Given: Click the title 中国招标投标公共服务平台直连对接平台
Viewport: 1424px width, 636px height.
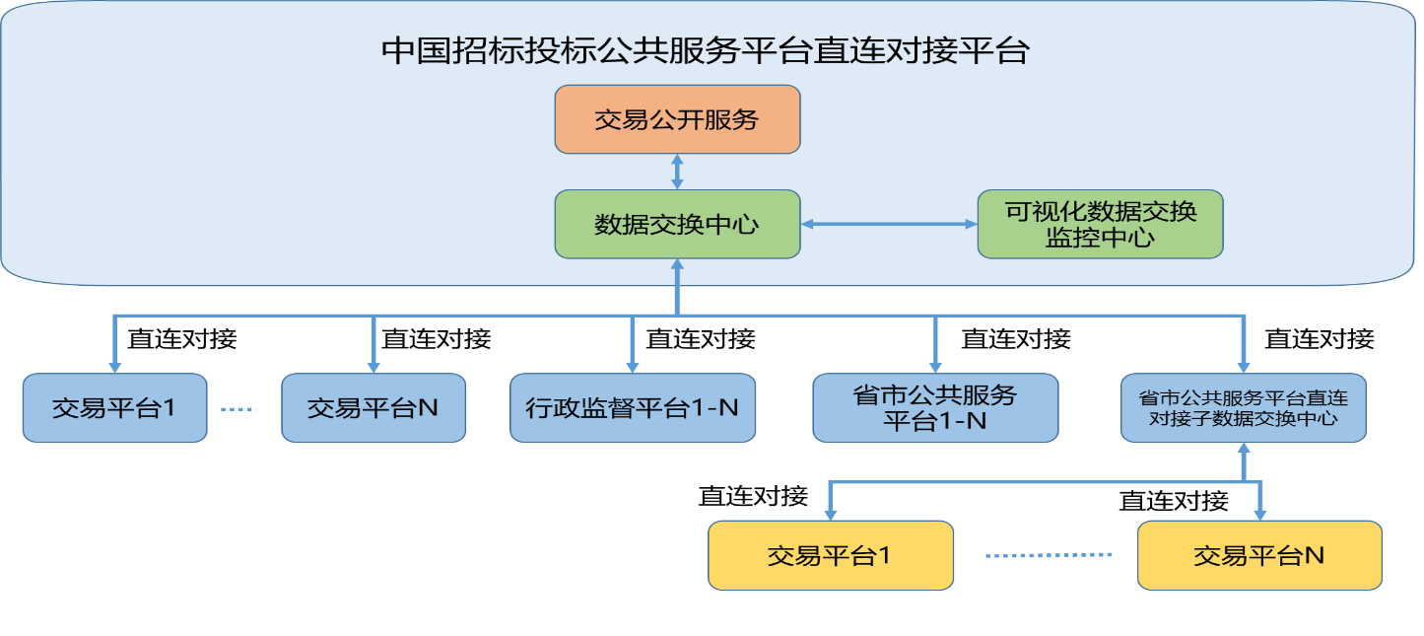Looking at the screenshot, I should tap(705, 51).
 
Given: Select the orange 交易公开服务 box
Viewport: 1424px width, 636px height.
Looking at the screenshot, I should tap(677, 119).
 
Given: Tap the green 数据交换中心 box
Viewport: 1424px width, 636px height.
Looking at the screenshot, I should tap(677, 225).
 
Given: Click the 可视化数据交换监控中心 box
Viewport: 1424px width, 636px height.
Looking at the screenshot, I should tap(1100, 225).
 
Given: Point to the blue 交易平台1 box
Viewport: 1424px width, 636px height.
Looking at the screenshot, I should tap(114, 407).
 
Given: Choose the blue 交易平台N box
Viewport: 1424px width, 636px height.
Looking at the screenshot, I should tap(373, 407).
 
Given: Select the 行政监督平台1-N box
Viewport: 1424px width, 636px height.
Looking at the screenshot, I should tap(632, 407).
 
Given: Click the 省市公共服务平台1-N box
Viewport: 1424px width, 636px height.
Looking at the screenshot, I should tap(934, 407).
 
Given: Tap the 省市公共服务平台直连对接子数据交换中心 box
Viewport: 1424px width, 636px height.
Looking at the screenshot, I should tap(1243, 407).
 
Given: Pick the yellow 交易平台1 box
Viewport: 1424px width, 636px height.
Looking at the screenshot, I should tap(830, 555).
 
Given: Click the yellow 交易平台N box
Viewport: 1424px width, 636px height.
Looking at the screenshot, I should tap(1258, 555).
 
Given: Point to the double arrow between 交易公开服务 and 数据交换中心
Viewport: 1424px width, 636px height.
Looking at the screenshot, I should tap(677, 172).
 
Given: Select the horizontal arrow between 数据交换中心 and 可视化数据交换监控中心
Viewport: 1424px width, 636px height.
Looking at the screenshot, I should tap(888, 225).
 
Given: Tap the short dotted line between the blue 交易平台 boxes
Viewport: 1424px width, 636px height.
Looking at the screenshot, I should tap(237, 408).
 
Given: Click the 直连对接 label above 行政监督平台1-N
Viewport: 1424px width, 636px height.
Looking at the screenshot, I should tap(700, 339).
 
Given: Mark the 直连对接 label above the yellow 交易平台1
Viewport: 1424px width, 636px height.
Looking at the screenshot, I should tap(753, 496).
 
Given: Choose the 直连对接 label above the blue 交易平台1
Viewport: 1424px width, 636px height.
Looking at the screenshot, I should tap(182, 339).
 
